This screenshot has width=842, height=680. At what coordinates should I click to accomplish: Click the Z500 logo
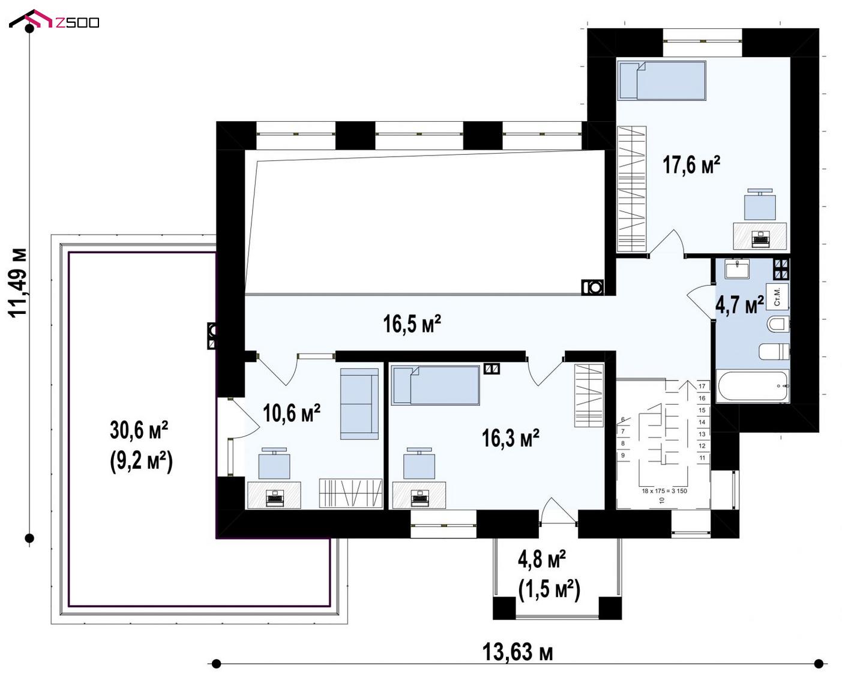point(54,20)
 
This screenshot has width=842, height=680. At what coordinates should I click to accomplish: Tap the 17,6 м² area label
point(691,165)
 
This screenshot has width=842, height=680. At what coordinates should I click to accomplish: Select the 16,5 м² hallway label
point(412,323)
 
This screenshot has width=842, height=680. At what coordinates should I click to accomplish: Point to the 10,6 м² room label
point(291,413)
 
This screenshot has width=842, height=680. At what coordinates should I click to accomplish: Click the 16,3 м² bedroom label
point(510,438)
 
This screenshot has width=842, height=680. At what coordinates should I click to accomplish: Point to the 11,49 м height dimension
point(18,283)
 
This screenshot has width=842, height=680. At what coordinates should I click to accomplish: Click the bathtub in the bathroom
point(753,386)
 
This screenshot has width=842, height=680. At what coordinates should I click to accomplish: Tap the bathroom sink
point(737,269)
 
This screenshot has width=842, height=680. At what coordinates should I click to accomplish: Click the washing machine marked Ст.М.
point(777,296)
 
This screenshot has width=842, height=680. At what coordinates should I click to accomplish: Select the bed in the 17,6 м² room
point(662,80)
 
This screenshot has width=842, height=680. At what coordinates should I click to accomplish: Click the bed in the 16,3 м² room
point(435,385)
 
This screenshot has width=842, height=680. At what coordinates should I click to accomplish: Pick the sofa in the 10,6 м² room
point(359,404)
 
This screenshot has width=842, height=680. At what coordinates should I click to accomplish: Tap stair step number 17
point(702,387)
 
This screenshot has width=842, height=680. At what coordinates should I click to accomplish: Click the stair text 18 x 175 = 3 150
point(664,491)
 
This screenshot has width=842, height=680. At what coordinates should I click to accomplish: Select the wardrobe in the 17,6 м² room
point(632,188)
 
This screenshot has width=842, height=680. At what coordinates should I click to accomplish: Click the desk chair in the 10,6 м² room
point(274,463)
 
